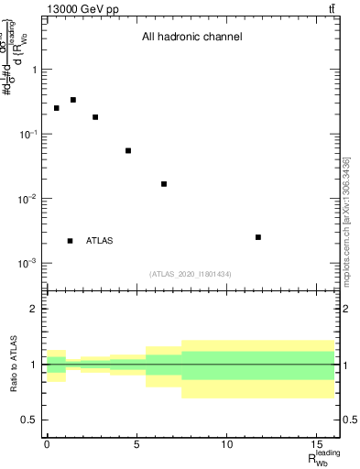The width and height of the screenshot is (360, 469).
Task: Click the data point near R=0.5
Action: click(56, 108)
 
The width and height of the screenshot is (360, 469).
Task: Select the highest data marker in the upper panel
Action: click(73, 100)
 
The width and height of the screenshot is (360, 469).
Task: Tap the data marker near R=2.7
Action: click(95, 117)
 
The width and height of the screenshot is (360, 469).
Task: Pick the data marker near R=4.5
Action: click(128, 150)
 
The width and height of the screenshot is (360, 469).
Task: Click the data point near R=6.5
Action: click(164, 184)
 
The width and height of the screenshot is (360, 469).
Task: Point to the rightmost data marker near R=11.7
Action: click(258, 237)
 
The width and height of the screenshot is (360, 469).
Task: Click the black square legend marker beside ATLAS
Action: click(71, 241)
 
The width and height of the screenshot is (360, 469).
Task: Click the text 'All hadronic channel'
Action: click(191, 38)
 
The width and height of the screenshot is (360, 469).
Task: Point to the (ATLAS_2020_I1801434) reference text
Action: click(191, 274)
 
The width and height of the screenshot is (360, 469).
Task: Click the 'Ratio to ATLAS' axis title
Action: click(14, 365)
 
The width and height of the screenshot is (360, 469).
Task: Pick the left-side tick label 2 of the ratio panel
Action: click(34, 309)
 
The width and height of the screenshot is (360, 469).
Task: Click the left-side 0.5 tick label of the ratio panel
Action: click(29, 420)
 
